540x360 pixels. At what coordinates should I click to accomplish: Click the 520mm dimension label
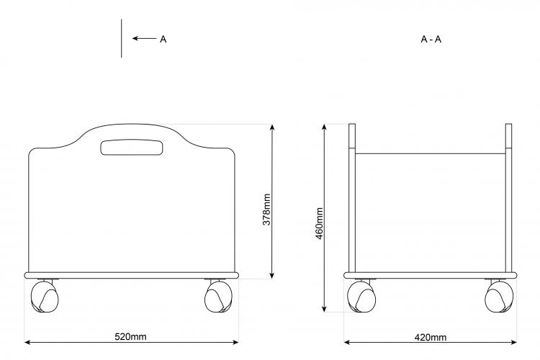click(x=130, y=336)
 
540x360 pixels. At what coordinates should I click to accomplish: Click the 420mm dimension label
click(x=431, y=337)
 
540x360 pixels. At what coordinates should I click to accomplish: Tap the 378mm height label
click(x=266, y=210)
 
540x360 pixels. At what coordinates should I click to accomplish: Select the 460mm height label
click(x=319, y=224)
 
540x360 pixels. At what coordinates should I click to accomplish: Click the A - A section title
click(x=431, y=40)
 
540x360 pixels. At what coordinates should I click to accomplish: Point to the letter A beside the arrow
click(x=163, y=40)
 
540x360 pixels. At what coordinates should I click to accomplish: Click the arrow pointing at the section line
click(x=145, y=38)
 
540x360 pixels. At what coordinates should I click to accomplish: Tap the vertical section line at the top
click(x=121, y=38)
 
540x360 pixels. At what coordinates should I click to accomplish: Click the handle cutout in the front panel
click(x=131, y=148)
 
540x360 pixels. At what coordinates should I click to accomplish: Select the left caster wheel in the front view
click(x=45, y=297)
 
